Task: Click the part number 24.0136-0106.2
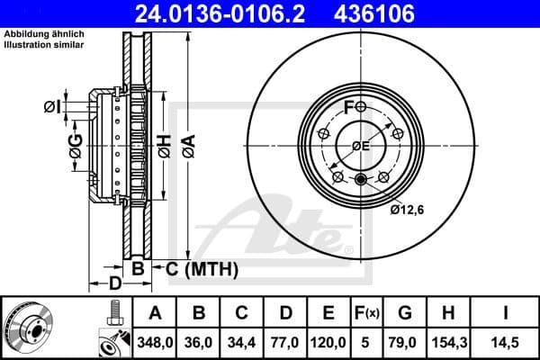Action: tap(233, 13)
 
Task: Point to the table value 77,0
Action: tap(287, 343)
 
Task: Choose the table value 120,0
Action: tap(329, 343)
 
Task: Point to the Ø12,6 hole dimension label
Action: tap(408, 211)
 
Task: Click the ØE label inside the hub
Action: tap(361, 147)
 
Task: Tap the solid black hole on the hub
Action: tap(362, 177)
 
